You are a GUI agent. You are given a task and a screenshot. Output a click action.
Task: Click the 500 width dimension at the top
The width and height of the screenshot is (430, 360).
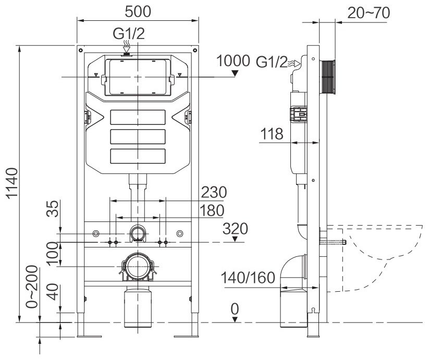click(x=138, y=11)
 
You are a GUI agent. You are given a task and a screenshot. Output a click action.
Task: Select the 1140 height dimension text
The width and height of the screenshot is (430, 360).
click(x=12, y=182)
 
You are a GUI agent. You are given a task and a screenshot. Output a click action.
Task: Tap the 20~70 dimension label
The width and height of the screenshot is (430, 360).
click(x=368, y=13)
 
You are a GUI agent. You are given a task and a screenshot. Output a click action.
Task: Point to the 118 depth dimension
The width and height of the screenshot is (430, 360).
click(x=272, y=134)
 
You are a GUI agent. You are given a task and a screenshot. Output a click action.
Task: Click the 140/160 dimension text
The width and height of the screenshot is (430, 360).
click(x=248, y=278)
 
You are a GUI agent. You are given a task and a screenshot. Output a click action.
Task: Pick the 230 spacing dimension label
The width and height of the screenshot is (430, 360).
click(x=214, y=192)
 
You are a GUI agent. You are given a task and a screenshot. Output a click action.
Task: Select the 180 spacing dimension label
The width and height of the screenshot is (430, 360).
click(x=212, y=210)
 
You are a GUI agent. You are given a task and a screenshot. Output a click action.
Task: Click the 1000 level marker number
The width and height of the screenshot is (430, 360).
click(x=233, y=61)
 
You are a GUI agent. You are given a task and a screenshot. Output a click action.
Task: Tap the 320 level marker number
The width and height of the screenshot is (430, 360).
click(x=235, y=229)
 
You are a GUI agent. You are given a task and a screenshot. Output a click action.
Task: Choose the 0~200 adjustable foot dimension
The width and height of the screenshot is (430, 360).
click(x=32, y=287)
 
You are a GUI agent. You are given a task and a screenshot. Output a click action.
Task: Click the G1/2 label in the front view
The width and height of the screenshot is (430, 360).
click(x=129, y=34)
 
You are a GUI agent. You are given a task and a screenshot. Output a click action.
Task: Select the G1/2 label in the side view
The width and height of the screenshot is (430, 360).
click(x=272, y=62)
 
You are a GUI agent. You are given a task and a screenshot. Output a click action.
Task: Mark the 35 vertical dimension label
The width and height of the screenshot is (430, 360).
click(x=53, y=208)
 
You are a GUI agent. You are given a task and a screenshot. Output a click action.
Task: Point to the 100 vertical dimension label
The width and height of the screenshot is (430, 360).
click(x=53, y=254)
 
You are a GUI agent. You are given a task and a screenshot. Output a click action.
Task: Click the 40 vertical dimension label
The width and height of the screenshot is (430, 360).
click(x=53, y=292)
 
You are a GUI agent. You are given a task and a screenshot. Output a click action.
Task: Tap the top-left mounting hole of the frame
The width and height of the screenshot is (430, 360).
click(x=80, y=50)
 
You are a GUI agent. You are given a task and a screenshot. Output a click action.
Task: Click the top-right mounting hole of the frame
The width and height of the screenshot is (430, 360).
click(x=195, y=50)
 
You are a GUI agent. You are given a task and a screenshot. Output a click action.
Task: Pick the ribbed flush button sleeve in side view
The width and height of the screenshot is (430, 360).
click(x=328, y=77)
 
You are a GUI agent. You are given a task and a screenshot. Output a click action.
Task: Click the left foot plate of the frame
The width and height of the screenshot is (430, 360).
click(x=90, y=337)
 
